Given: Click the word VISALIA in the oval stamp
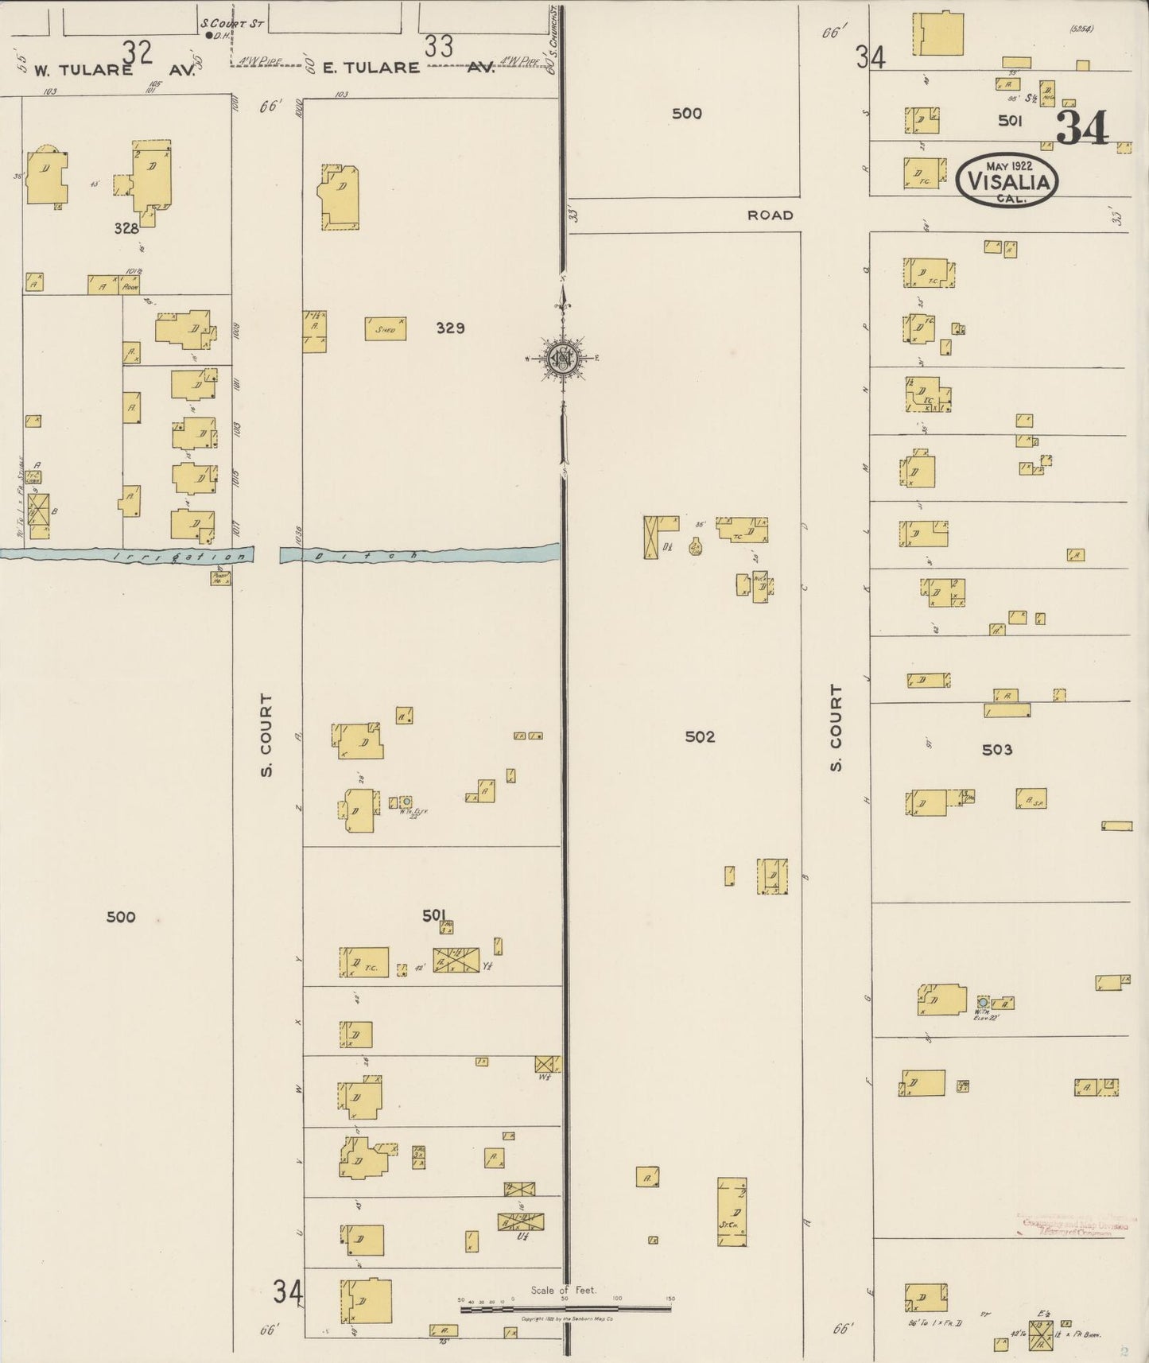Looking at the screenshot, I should pos(1007,182).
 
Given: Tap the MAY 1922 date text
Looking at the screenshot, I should pos(1008,166).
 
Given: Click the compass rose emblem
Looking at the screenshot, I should pos(563,358).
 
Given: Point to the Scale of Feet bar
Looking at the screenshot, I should pos(565,1307).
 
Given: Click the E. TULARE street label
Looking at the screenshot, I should pos(371,68).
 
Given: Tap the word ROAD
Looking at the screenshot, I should pos(770,215).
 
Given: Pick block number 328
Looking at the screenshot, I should pos(126,228).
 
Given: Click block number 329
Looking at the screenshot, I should pos(450,328).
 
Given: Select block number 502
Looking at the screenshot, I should pos(700,737).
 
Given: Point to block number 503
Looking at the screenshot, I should pos(996,749).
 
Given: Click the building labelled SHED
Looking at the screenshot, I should pos(385,328).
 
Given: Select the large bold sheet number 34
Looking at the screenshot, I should pos(1082,127).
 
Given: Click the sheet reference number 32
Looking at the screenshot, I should pos(137,52).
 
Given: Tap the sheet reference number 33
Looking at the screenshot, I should pos(438,47).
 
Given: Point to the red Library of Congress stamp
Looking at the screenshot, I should pos(1073,1225).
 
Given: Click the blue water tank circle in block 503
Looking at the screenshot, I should pos(983,1002).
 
